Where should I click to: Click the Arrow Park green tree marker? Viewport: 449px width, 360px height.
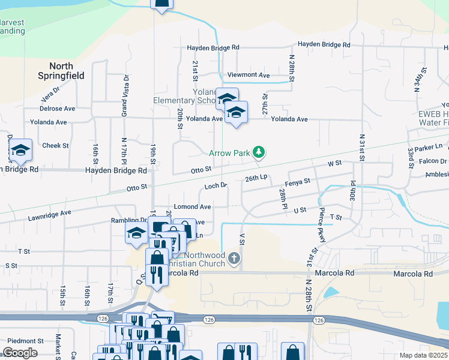tap(259, 152)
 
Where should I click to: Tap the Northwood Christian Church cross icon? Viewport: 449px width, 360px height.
tap(234, 259)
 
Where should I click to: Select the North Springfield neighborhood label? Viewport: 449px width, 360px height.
tap(61, 71)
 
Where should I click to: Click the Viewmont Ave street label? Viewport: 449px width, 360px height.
tap(249, 75)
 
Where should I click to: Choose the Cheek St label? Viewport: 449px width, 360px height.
tap(56, 145)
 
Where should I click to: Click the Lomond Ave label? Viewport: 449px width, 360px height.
tap(192, 206)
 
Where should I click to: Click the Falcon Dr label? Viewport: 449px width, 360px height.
tap(433, 161)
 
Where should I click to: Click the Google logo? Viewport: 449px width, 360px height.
tap(20, 352)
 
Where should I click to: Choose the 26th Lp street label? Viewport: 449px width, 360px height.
tap(256, 178)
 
